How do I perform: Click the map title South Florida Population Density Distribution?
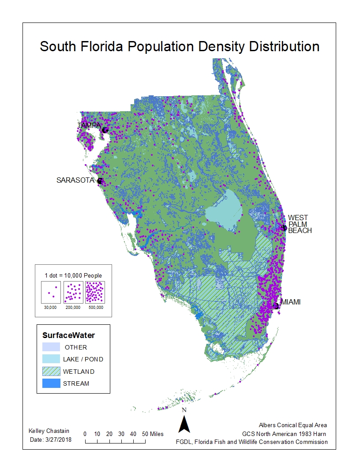click(180, 47)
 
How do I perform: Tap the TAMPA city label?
click(89, 126)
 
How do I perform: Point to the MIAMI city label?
click(290, 302)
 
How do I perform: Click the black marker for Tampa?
click(105, 130)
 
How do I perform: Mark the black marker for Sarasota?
click(100, 181)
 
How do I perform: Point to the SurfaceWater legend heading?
click(68, 335)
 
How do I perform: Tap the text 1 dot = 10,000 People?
click(73, 275)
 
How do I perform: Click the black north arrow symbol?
click(184, 424)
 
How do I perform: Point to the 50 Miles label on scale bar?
click(154, 434)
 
